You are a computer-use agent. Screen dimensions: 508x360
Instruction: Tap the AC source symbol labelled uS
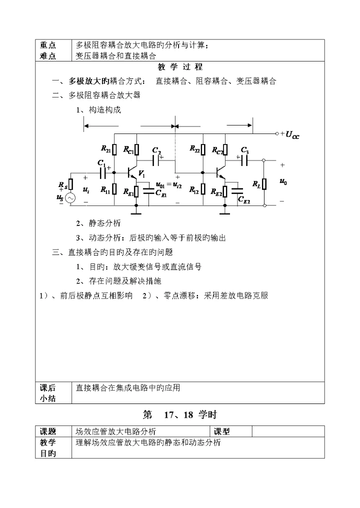[70, 199]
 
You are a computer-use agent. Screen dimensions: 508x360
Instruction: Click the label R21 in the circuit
[105, 149]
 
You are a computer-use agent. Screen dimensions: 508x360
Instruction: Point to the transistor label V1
[141, 174]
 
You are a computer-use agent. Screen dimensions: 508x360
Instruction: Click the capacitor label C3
[244, 150]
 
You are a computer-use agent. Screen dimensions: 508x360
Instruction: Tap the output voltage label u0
[283, 182]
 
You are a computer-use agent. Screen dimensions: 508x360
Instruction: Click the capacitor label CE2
[244, 200]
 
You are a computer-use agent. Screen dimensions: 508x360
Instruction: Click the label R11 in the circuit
[105, 189]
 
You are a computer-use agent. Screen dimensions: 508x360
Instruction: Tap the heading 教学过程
[180, 67]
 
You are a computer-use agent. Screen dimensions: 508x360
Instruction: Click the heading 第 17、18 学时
[180, 414]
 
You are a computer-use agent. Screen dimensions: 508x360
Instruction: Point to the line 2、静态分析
[98, 224]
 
